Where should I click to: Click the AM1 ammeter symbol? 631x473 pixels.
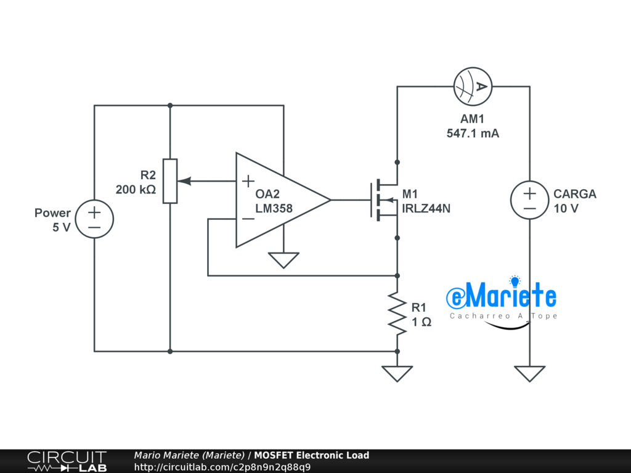coord(472,87)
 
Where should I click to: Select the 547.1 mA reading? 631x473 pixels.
coord(473,133)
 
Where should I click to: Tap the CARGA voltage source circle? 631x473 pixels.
coord(529,200)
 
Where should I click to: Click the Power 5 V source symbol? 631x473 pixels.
coord(94,220)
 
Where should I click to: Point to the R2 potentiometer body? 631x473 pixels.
coord(169,181)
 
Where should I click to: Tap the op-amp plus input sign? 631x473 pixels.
coord(247,181)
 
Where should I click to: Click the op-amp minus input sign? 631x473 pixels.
coord(247,219)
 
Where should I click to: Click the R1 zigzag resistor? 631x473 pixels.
coord(397,314)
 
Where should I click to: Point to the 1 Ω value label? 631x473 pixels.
coord(421,322)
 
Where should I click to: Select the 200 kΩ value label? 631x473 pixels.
coord(136,190)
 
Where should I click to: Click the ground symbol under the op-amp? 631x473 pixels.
coord(283,261)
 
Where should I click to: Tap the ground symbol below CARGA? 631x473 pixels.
coord(529,373)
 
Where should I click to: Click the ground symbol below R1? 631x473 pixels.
coord(397,373)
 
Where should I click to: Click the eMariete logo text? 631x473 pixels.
coord(503,297)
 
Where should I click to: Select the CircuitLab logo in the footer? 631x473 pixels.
coord(67,461)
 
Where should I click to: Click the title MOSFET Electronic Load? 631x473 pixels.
coord(312,455)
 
